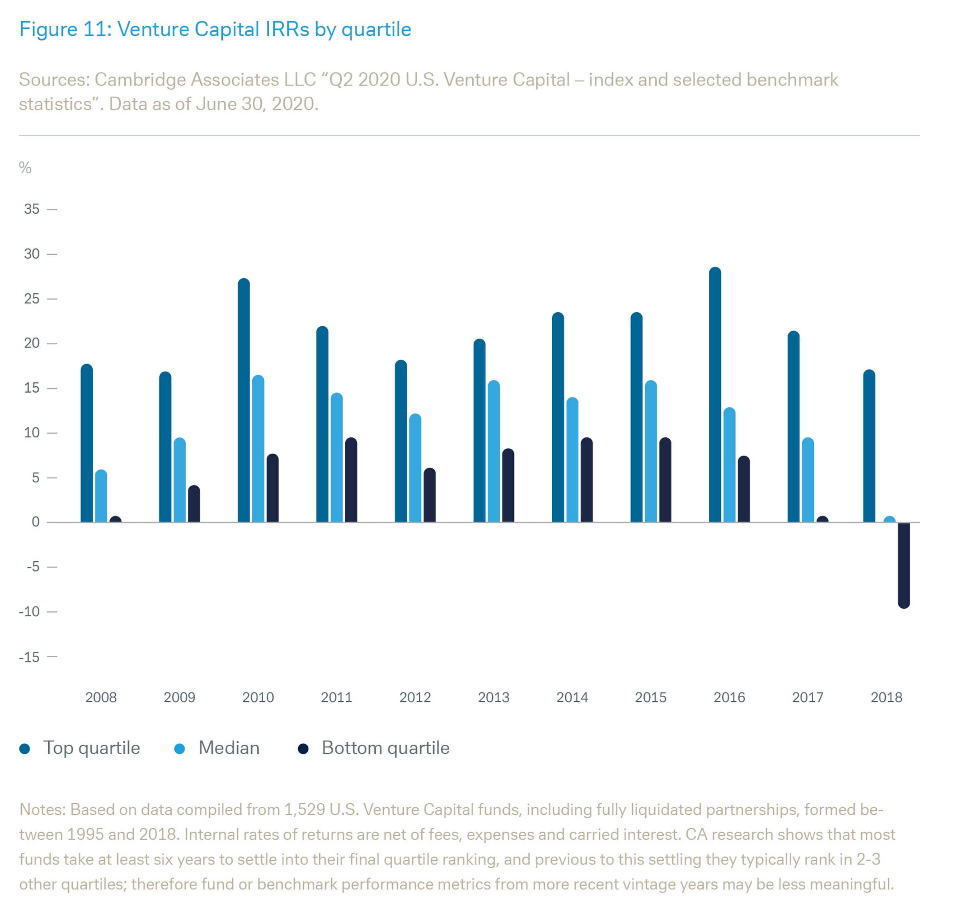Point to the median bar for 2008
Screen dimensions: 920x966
pyautogui.click(x=101, y=496)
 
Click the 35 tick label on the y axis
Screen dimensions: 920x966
pyautogui.click(x=32, y=209)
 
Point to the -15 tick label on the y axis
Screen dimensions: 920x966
pyautogui.click(x=30, y=657)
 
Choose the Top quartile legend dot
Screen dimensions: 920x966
pyautogui.click(x=24, y=749)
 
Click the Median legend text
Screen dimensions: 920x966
pyautogui.click(x=229, y=748)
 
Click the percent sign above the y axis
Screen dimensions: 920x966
pyautogui.click(x=25, y=168)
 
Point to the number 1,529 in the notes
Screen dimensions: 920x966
pyautogui.click(x=305, y=810)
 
